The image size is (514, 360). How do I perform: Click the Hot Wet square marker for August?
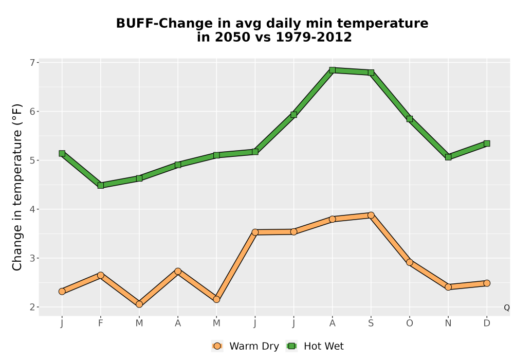point(333,70)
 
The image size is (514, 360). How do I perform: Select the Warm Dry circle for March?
point(139,304)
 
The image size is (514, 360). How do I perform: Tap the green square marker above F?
point(101,185)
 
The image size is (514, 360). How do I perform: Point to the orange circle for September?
point(371,215)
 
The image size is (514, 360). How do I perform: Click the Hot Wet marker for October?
point(410,119)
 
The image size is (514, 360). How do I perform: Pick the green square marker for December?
point(487,143)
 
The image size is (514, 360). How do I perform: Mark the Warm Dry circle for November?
point(448,287)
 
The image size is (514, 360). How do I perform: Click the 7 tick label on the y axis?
point(32,63)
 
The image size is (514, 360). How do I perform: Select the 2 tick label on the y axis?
point(32,307)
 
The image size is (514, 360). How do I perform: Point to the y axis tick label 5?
point(32,160)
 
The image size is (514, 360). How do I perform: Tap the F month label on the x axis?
point(101,323)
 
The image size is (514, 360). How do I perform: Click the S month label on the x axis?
point(371,323)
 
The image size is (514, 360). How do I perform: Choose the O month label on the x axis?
point(410,323)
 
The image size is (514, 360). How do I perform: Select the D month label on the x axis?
point(487,323)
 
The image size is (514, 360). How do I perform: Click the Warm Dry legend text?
point(254,346)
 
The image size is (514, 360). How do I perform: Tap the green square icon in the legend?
point(291,346)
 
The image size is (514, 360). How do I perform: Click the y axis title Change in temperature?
point(17,188)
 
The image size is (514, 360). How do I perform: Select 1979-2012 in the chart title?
point(314,37)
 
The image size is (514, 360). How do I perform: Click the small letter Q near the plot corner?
point(507,308)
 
